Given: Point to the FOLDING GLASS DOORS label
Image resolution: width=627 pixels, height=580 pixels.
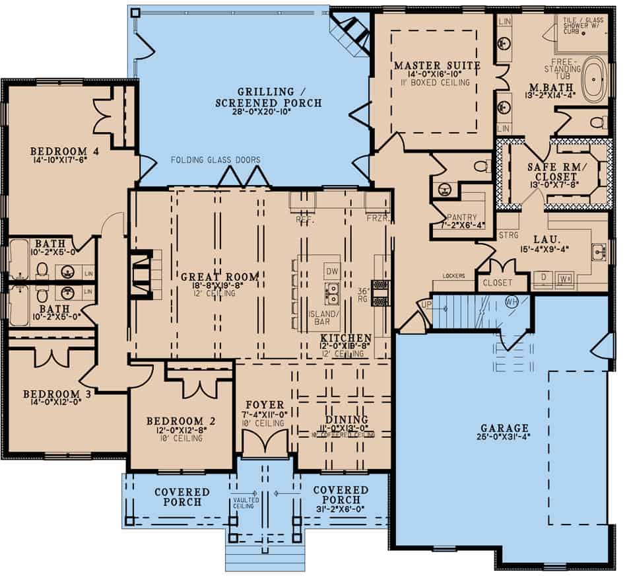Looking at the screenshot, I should [x=215, y=160].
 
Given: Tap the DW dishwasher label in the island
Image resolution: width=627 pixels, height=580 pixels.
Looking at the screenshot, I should [x=332, y=270].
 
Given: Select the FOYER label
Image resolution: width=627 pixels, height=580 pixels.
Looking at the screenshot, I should [x=265, y=405].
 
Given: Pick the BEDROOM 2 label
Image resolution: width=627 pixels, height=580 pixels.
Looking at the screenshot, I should [x=178, y=420].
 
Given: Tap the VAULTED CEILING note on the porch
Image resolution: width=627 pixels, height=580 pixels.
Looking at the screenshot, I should [x=246, y=504].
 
